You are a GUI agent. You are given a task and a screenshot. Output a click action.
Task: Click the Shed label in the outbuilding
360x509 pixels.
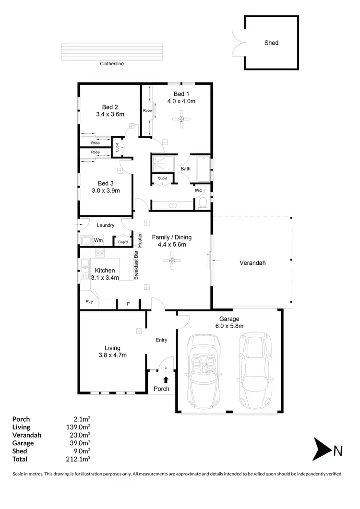(x=271, y=43)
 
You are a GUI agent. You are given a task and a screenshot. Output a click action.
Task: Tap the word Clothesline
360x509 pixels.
(x=112, y=63)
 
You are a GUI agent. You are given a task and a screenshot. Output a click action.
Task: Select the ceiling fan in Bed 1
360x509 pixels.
(x=181, y=119)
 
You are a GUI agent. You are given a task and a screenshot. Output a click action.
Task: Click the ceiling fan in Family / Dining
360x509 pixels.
(x=171, y=260)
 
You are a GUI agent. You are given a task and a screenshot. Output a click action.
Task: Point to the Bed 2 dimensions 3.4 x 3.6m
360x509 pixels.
(x=110, y=115)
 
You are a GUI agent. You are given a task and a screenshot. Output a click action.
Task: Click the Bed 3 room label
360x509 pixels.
(x=105, y=183)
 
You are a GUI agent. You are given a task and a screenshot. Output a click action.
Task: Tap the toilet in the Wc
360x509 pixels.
(x=203, y=203)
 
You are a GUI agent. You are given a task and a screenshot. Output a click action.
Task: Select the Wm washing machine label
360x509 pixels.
(x=98, y=240)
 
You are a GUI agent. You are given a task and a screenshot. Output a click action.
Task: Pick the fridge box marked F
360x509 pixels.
(x=128, y=304)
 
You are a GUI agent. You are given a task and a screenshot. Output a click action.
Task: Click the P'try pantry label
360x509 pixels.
(x=89, y=302)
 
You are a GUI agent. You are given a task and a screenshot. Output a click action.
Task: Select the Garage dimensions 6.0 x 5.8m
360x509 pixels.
(x=229, y=326)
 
